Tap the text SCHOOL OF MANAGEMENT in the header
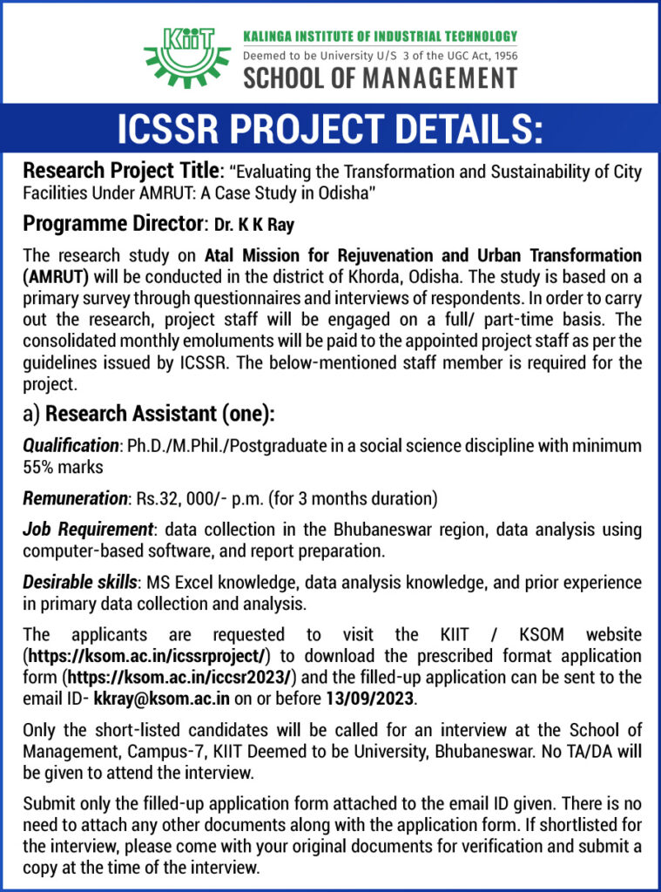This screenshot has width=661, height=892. (x=380, y=78)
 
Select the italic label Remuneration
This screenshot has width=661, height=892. (x=75, y=499)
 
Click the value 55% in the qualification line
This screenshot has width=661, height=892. (x=38, y=467)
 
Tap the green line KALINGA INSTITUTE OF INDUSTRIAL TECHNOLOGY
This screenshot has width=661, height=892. (x=379, y=37)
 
